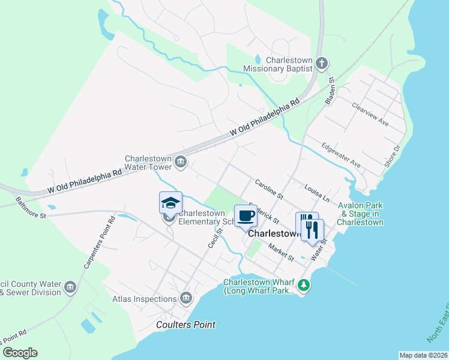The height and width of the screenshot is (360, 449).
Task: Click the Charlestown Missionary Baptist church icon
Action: pos(322,64)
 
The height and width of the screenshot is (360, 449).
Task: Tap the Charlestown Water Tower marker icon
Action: pos(180,161)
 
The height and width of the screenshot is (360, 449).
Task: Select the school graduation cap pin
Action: pos(170,202)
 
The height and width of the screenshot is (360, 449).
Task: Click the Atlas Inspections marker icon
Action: pos(185,298)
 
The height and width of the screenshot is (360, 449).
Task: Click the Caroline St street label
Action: pos(268,189)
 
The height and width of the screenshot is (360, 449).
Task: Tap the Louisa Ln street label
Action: pos(317,193)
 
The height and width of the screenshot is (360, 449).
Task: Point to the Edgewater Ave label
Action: pos(340,155)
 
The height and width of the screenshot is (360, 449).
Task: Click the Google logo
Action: pos(20,352)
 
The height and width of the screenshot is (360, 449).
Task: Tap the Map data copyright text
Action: pos(423,355)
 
